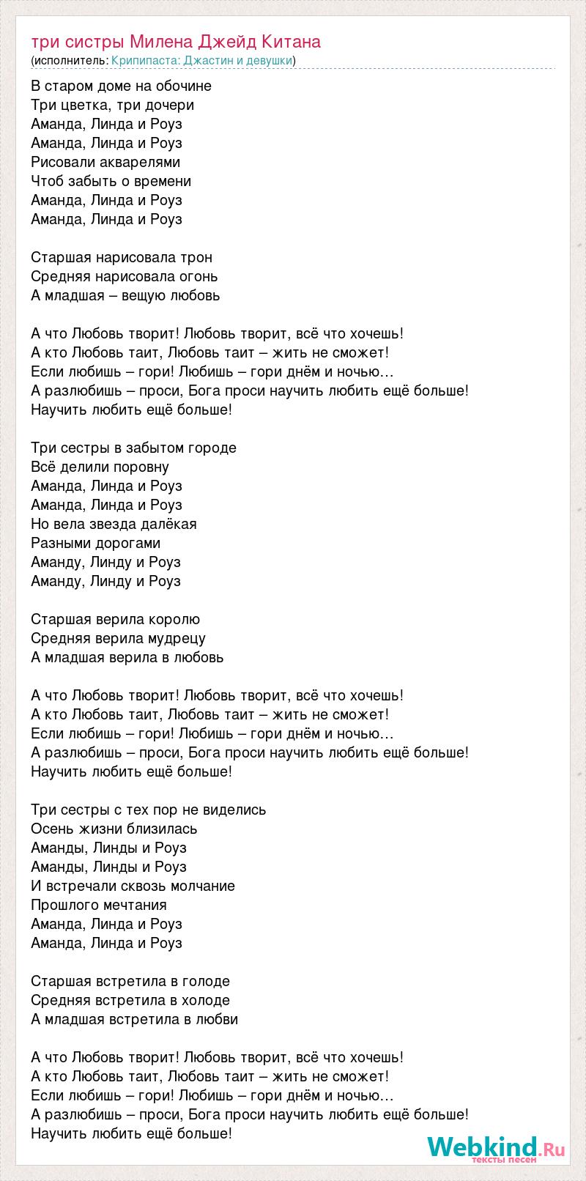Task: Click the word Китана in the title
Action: click(x=292, y=42)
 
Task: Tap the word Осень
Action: click(x=50, y=829)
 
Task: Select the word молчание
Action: click(x=200, y=886)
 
